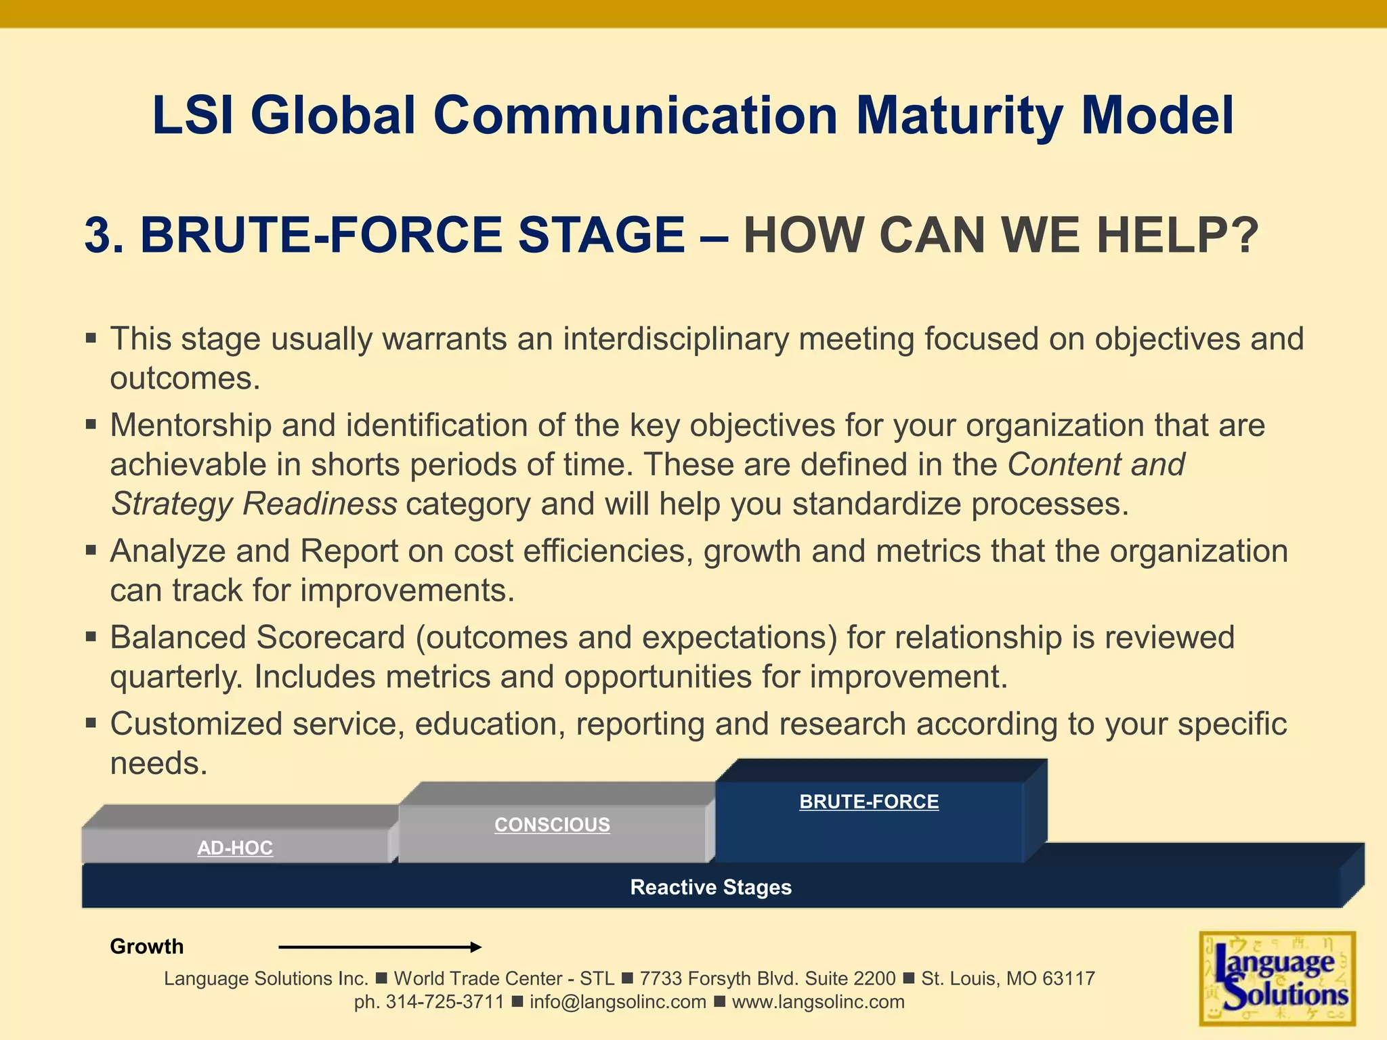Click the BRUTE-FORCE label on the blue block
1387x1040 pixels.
(x=869, y=802)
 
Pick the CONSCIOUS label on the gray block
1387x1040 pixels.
(x=552, y=825)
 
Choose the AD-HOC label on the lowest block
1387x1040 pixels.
(x=235, y=848)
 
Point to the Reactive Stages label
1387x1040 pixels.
(x=710, y=887)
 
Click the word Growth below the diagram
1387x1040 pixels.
(x=147, y=946)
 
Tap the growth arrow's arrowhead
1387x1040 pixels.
(x=476, y=947)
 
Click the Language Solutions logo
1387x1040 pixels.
(x=1277, y=978)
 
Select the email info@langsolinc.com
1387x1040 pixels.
(x=618, y=1002)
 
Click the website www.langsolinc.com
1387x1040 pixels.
(x=818, y=1002)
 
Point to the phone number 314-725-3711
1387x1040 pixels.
(x=445, y=1002)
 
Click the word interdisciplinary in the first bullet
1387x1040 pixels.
(x=676, y=339)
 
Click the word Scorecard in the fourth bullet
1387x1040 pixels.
(x=330, y=638)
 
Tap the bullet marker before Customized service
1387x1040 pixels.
(x=91, y=722)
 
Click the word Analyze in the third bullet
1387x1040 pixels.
(x=167, y=551)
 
